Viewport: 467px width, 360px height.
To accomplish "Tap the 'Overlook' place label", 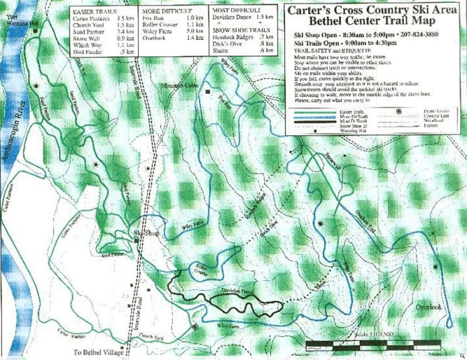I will [428, 307].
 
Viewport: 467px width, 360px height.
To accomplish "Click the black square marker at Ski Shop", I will [137, 240].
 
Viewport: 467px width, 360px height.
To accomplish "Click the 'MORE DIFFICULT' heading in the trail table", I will [168, 11].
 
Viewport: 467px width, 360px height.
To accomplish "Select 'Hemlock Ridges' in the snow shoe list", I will [230, 37].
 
